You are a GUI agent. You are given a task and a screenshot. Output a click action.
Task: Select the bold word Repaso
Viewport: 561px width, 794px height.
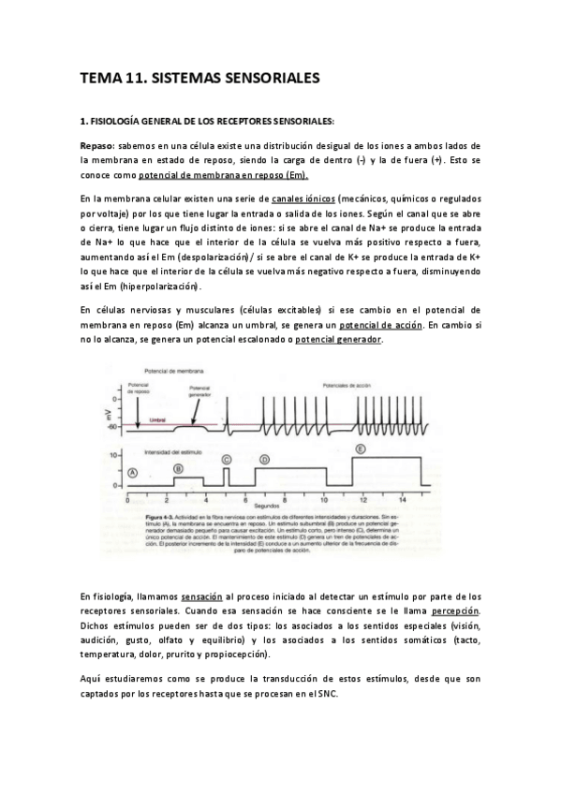click(x=96, y=146)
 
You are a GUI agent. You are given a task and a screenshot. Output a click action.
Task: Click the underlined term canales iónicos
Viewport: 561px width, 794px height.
click(x=302, y=199)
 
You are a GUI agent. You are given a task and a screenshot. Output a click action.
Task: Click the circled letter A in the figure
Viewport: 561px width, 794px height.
click(x=133, y=474)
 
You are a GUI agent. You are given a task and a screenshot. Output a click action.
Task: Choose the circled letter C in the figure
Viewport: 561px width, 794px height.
click(x=227, y=459)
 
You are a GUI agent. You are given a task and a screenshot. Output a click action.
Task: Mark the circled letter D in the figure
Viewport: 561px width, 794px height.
click(x=264, y=460)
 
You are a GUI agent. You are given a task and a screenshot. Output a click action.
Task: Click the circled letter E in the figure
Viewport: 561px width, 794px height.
click(x=360, y=448)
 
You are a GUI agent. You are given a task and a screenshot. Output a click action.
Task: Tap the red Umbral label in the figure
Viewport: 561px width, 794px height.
click(x=157, y=420)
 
